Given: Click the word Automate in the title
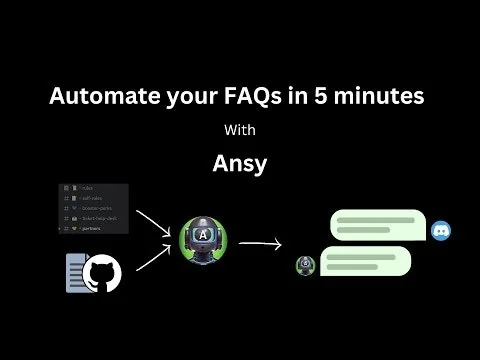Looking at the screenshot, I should click(101, 98).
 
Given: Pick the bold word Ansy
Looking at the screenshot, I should click(240, 162).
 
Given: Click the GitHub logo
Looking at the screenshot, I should click(105, 271).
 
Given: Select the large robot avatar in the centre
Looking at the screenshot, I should click(203, 242).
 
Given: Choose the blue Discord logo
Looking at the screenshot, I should click(440, 231).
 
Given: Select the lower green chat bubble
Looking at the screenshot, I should click(364, 261).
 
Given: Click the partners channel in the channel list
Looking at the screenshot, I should click(89, 229).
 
